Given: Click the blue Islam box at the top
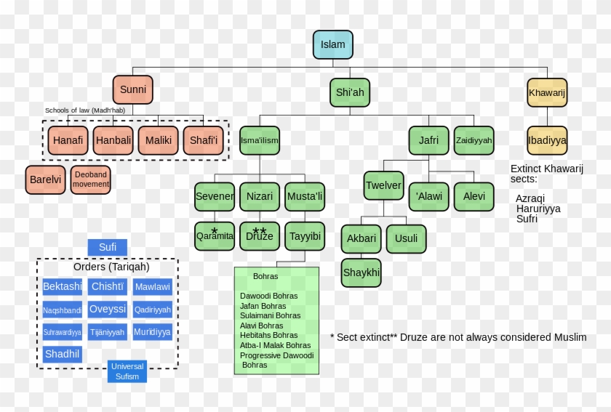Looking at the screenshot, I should tap(332, 44).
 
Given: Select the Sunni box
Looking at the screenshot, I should tap(133, 89).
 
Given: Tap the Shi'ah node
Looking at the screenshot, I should tap(349, 92).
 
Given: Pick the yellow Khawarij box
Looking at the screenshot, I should tap(547, 92).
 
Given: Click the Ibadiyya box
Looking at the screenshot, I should tap(547, 140).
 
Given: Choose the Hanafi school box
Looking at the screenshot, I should tap(68, 140).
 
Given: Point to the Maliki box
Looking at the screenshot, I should tap(158, 140).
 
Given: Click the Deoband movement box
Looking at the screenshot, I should tap(91, 179).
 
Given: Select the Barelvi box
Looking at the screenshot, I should tap(45, 179).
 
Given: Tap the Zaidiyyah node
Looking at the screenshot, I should tap(474, 140).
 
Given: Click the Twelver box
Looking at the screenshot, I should tap(383, 185).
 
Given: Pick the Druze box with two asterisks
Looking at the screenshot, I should tap(260, 236).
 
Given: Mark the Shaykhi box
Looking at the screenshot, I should tap(361, 272).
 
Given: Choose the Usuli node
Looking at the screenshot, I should tap(406, 238).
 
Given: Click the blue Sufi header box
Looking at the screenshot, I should tap(108, 247).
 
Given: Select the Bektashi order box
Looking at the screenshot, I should tap(63, 286).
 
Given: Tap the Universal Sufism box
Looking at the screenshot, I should tap(127, 371).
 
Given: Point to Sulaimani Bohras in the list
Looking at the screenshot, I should tap(270, 316).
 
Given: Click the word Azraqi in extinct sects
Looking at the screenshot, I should tap(530, 198).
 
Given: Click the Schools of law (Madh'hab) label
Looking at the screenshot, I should tap(85, 110).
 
